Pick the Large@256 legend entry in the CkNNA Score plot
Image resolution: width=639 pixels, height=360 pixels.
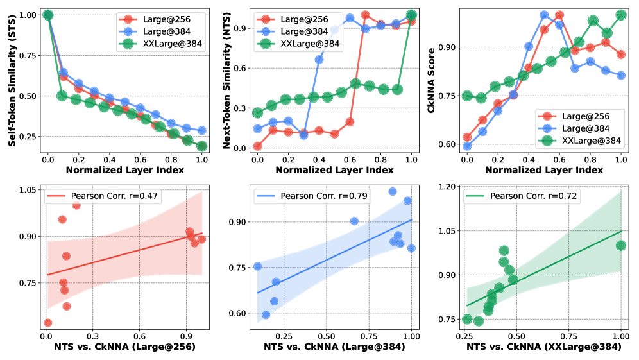click(593, 115)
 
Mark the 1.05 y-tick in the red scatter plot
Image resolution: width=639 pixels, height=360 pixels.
click(27, 190)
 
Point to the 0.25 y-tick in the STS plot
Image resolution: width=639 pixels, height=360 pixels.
click(27, 137)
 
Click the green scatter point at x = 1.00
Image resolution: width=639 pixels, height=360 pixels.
click(620, 245)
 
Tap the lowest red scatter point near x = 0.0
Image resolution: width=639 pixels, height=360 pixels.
click(47, 322)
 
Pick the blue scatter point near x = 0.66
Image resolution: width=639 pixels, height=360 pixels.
click(354, 221)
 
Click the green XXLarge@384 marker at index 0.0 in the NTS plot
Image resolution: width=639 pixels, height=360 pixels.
click(257, 113)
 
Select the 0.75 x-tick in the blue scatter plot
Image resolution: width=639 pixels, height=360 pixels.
click(369, 336)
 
